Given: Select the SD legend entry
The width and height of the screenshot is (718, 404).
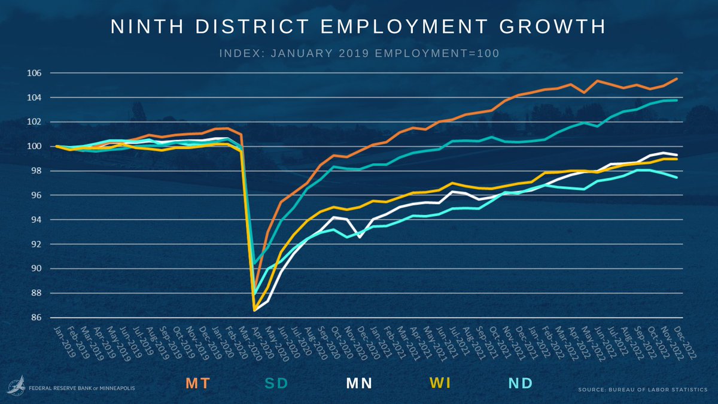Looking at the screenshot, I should point(276,384).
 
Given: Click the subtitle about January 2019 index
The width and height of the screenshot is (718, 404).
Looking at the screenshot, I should point(359,53).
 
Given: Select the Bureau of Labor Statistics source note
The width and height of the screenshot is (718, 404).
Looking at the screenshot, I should point(642,390).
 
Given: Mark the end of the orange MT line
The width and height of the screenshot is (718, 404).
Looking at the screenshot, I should point(677,79).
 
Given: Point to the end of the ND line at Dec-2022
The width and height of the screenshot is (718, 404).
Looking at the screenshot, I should point(677,177).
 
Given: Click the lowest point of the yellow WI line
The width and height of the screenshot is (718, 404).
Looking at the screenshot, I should point(255,310).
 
